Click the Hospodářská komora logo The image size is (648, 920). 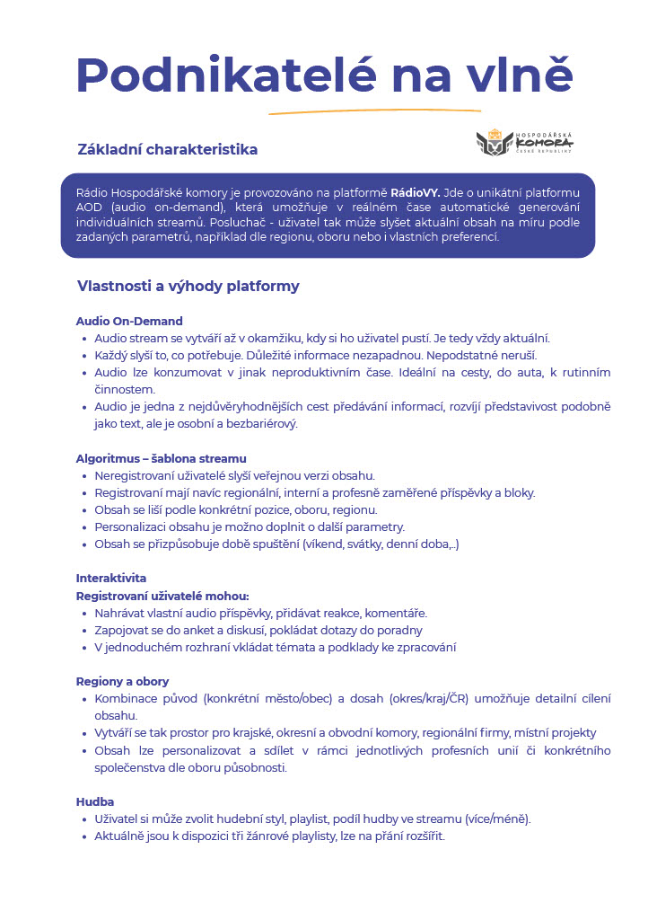tap(524, 142)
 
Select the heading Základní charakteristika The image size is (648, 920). tap(168, 149)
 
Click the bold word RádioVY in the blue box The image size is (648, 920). tap(415, 193)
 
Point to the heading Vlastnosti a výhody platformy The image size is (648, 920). tap(188, 287)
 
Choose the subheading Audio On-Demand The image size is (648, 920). tap(129, 321)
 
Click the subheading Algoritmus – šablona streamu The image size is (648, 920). tap(161, 458)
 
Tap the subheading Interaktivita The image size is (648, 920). tap(110, 578)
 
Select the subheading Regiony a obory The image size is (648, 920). tap(122, 681)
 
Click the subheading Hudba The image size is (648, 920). tap(95, 801)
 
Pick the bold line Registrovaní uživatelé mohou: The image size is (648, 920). tap(162, 595)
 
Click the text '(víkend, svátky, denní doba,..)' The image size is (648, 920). tap(381, 544)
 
